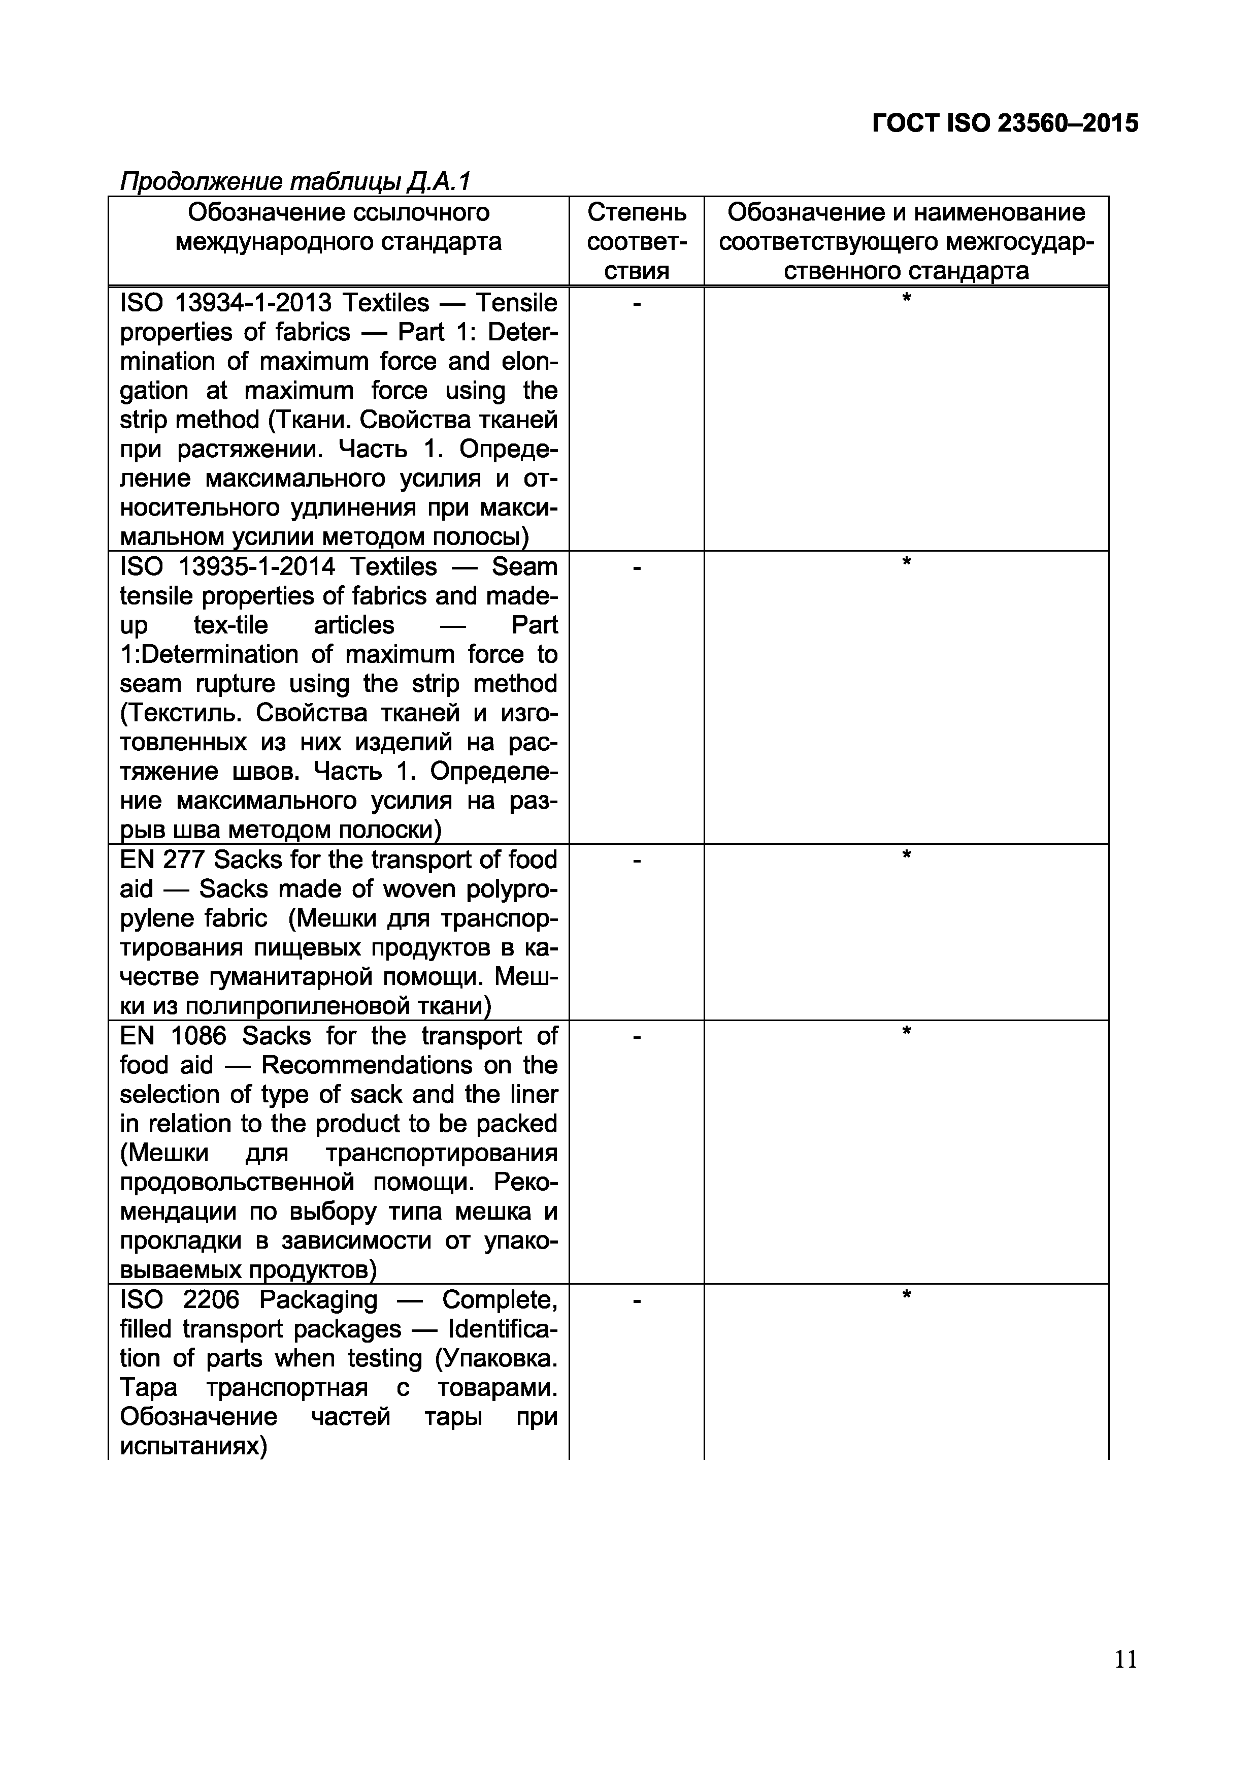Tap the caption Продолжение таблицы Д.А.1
pyautogui.click(x=295, y=182)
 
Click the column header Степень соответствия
pyautogui.click(x=636, y=241)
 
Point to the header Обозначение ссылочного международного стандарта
pyautogui.click(x=338, y=227)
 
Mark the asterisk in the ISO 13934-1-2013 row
pyautogui.click(x=905, y=298)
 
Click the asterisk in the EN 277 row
pyautogui.click(x=905, y=855)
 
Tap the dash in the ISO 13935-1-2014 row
pyautogui.click(x=636, y=569)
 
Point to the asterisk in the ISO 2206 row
pyautogui.click(x=905, y=1295)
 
